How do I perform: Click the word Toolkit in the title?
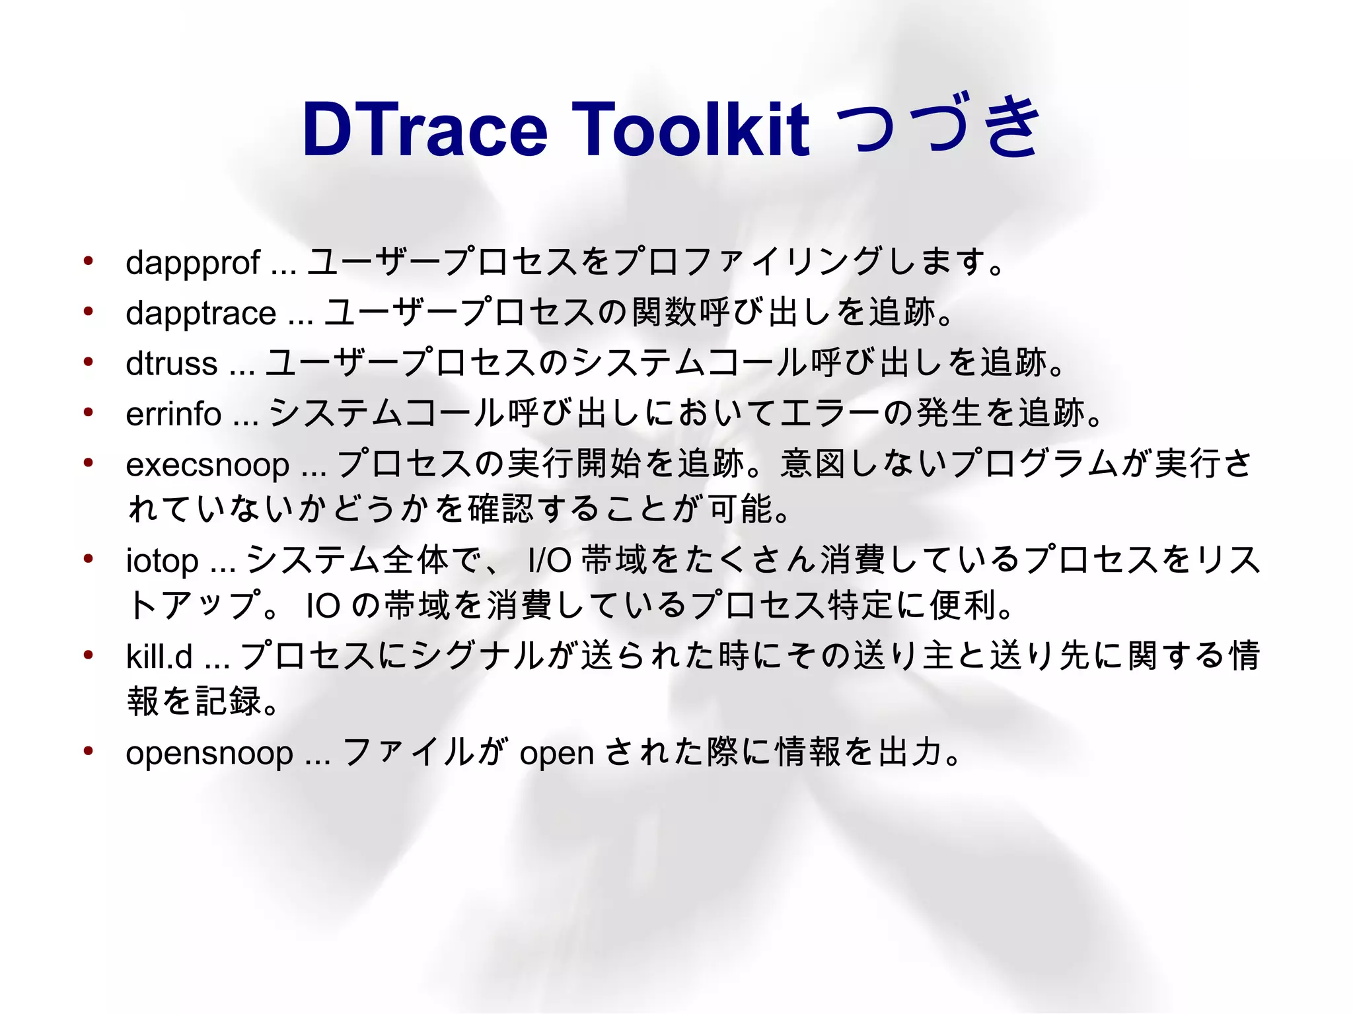[x=690, y=129]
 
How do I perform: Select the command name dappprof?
[x=192, y=263]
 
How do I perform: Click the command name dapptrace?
[x=201, y=313]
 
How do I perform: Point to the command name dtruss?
[x=172, y=364]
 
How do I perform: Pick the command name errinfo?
[x=173, y=414]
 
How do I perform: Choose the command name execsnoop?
[x=207, y=465]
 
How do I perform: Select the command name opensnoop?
[x=209, y=754]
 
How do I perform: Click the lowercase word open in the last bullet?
[x=557, y=754]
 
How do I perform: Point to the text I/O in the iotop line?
[x=549, y=561]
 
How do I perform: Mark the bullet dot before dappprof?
[x=88, y=262]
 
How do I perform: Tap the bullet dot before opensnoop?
[x=88, y=751]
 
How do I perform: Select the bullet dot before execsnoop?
[x=88, y=462]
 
